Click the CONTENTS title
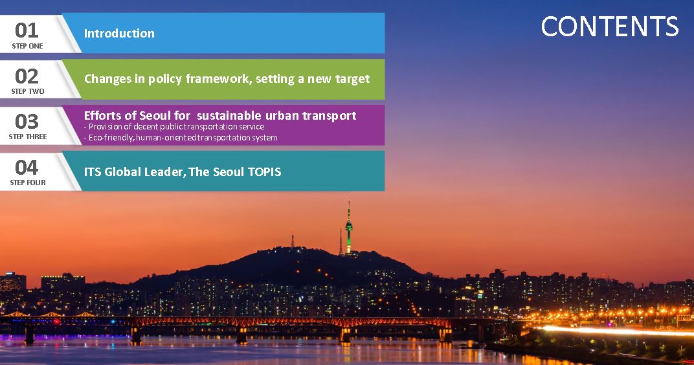[x=609, y=27]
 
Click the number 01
[x=27, y=30]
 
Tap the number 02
[x=27, y=76]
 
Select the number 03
[x=27, y=121]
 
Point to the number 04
[x=27, y=167]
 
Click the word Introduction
[x=119, y=33]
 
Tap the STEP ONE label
[x=27, y=46]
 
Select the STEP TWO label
[x=27, y=91]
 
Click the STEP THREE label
[x=27, y=137]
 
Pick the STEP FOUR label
[x=27, y=182]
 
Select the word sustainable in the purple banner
[x=229, y=115]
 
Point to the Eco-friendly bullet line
[x=181, y=138]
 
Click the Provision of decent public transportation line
[x=174, y=127]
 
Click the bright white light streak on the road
[x=615, y=331]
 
